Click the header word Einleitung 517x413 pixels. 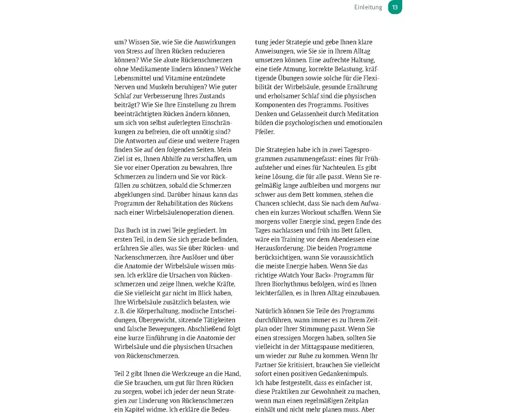[x=368, y=7]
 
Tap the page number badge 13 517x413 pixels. [x=395, y=7]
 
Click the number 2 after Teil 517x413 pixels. [x=129, y=374]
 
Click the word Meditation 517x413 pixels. [x=363, y=114]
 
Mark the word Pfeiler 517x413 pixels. [x=265, y=132]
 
